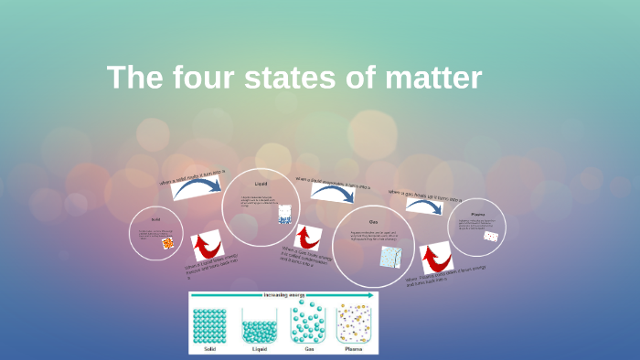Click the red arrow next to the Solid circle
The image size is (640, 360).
208,245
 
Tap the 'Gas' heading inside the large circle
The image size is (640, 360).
373,222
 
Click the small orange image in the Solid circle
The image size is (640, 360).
167,243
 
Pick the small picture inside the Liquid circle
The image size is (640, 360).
284,217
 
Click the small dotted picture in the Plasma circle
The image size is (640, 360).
491,237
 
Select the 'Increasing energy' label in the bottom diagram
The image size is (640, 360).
283,295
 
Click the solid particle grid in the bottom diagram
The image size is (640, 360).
209,324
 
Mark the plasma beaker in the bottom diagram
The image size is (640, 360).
353,324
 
